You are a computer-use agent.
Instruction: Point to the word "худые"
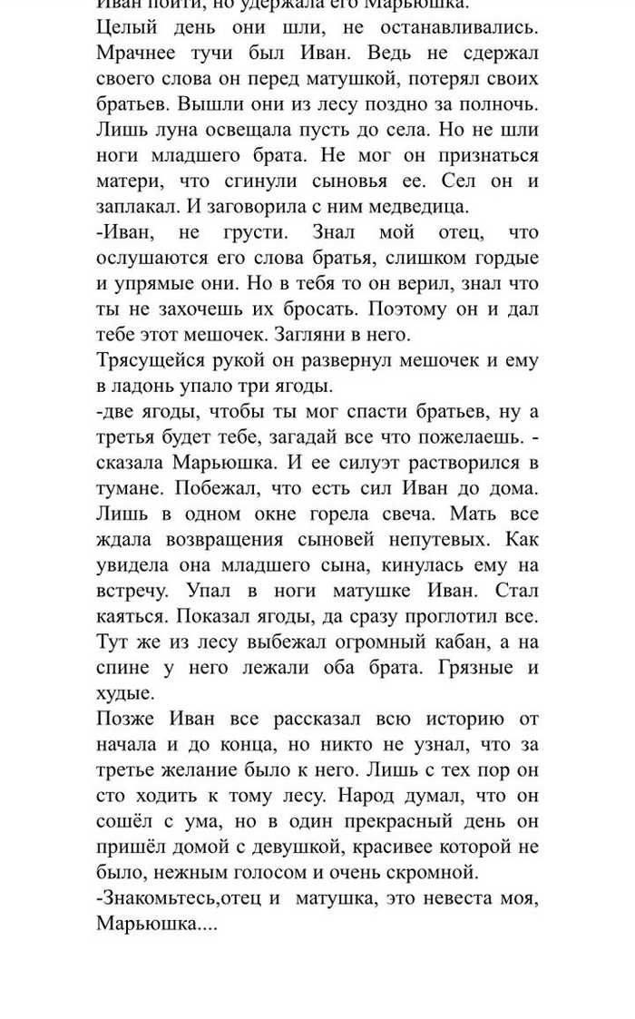coord(124,692)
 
